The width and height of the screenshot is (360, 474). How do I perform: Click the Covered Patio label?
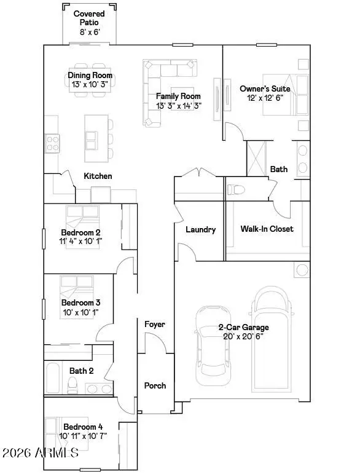(x=88, y=18)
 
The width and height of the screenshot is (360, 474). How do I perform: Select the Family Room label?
(x=178, y=97)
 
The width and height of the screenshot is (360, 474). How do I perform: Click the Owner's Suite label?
(x=264, y=89)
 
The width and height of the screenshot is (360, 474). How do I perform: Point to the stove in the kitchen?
(x=52, y=143)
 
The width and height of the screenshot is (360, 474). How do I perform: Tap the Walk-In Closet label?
(x=267, y=229)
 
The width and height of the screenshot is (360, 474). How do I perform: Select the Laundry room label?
(x=200, y=229)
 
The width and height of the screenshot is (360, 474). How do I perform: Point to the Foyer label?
(x=155, y=324)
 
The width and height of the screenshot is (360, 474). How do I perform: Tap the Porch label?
(x=155, y=385)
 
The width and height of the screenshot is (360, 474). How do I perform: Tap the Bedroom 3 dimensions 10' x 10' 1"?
(x=80, y=312)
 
